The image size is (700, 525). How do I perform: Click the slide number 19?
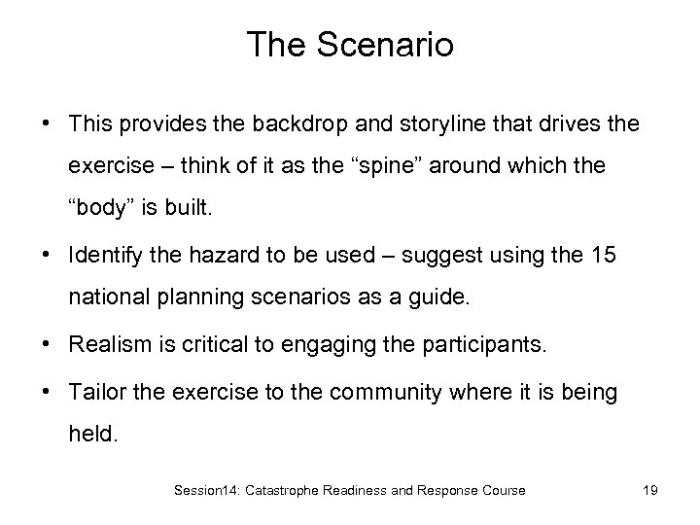point(650,491)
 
